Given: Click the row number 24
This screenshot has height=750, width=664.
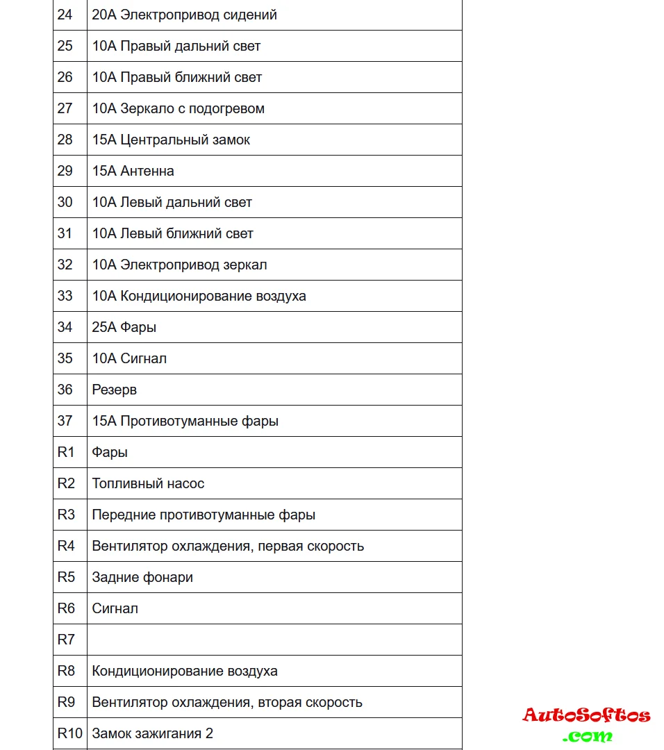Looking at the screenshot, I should pos(65,15).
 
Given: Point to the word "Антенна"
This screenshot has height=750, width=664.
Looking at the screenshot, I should pos(147,171).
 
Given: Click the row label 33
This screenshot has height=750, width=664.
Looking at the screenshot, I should pos(65,296).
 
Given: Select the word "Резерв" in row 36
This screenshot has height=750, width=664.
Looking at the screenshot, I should pos(115,390).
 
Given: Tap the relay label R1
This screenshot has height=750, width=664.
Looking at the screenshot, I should pos(65,452).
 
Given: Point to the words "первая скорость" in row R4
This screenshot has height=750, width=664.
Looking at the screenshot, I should pos(310,546).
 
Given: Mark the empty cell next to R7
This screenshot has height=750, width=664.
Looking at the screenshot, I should pos(274,640).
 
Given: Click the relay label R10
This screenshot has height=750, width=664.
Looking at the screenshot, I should pos(69,733).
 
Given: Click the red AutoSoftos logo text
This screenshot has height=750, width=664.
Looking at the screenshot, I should pos(586,715).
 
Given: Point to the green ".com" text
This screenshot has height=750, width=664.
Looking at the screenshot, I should pos(588,736).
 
